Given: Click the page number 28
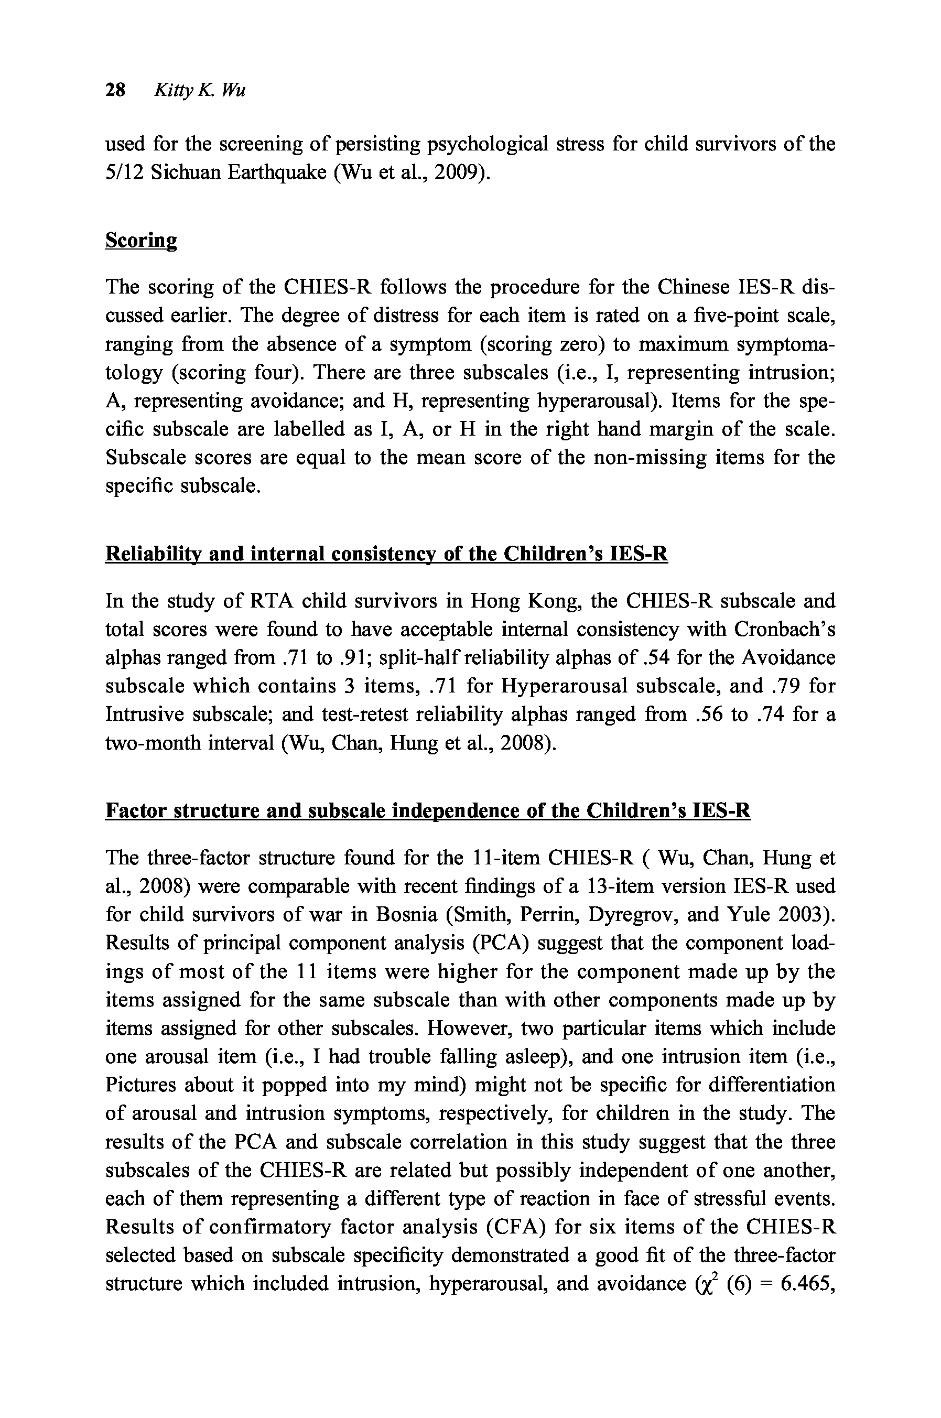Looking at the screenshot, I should pyautogui.click(x=115, y=91).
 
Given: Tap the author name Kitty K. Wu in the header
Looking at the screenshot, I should pyautogui.click(x=200, y=91).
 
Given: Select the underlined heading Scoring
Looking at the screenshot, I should pyautogui.click(x=141, y=240).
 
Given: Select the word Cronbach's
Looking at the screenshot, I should pyautogui.click(x=785, y=630).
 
